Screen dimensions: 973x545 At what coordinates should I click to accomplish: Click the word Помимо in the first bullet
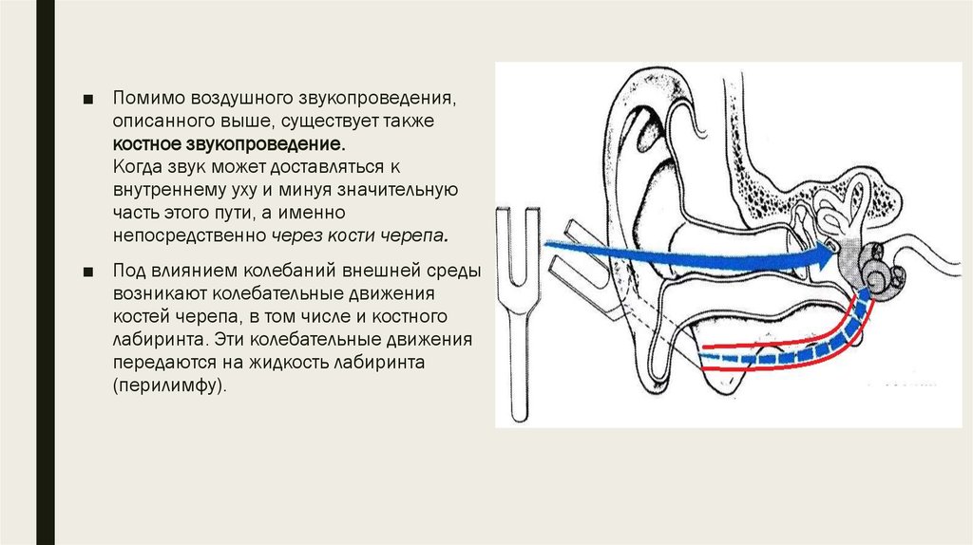[149, 98]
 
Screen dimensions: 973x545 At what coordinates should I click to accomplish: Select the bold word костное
[147, 144]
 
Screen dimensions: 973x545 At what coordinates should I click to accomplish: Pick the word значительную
[389, 190]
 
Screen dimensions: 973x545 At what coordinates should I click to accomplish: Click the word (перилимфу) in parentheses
[168, 385]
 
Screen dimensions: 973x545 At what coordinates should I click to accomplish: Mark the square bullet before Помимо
[88, 99]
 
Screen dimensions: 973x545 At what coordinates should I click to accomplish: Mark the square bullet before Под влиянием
[88, 272]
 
